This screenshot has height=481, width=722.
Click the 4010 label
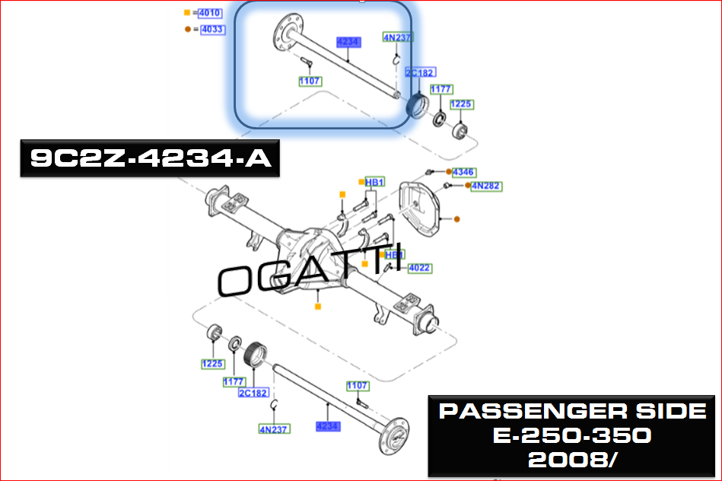point(210,13)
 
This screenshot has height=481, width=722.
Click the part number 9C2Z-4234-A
point(150,158)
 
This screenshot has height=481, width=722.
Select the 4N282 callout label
point(486,186)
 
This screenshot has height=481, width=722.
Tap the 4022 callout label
point(419,268)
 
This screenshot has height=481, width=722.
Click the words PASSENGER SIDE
point(572,412)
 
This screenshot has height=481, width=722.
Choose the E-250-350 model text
point(572,436)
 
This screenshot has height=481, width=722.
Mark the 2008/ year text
point(572,460)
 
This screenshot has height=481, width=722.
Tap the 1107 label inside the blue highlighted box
point(310,81)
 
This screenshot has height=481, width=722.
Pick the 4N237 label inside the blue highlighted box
point(398,37)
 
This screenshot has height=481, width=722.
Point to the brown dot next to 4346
point(449,173)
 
